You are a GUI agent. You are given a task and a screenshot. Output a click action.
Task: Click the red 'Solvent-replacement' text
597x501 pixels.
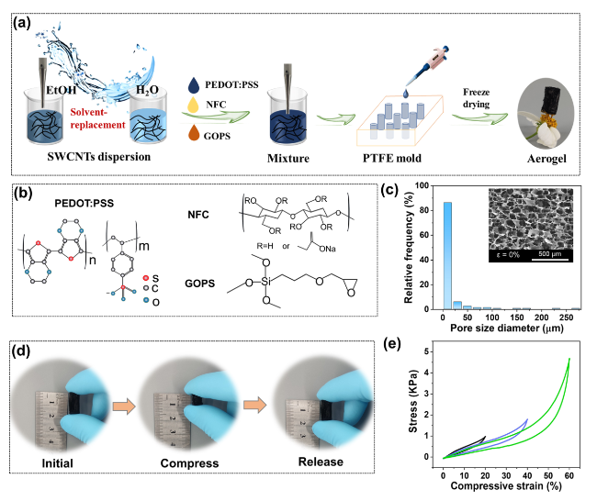click(x=98, y=118)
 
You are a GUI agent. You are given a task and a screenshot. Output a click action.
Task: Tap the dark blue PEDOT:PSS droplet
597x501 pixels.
click(x=194, y=85)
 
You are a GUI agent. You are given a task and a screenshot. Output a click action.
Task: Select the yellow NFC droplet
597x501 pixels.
click(x=194, y=105)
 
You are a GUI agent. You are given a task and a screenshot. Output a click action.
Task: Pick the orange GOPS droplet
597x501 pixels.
click(x=194, y=132)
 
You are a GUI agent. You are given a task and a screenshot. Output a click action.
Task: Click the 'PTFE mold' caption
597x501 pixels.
click(x=392, y=158)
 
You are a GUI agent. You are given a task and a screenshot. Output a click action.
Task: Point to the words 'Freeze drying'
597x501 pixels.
click(x=477, y=98)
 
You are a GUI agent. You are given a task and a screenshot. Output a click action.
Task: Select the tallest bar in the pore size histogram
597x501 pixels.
click(x=447, y=256)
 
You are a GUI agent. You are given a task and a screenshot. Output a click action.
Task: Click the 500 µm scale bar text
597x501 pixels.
click(x=550, y=254)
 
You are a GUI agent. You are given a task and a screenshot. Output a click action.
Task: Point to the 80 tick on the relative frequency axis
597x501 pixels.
click(x=423, y=210)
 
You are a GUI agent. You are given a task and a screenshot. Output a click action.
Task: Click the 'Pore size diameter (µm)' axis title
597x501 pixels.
click(x=507, y=328)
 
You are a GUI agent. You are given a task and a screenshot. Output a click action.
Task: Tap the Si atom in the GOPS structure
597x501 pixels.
click(x=265, y=282)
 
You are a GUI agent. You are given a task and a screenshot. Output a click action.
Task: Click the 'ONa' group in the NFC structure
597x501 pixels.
click(x=328, y=249)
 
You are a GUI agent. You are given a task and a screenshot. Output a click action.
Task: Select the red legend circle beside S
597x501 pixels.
click(x=145, y=278)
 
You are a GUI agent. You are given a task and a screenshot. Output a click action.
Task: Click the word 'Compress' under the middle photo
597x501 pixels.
click(x=189, y=463)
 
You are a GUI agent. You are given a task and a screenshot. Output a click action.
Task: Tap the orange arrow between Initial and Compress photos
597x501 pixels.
click(x=124, y=406)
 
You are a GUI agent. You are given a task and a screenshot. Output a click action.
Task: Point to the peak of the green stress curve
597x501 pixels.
click(x=569, y=358)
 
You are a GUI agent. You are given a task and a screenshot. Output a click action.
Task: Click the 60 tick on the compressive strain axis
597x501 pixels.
click(x=569, y=475)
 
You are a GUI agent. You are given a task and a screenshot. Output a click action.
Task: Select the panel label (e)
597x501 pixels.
click(x=392, y=343)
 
